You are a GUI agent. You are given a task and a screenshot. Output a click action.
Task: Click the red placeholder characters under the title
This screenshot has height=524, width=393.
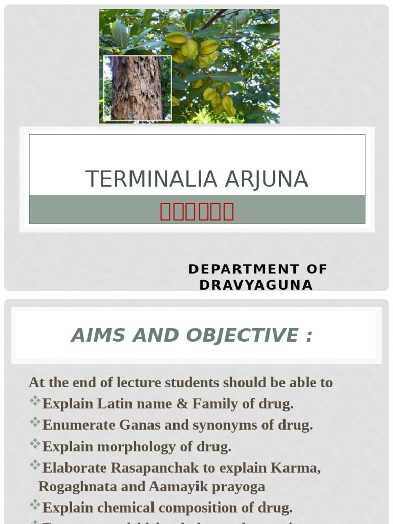click(x=197, y=211)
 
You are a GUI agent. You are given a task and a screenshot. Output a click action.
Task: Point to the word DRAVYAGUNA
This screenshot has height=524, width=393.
click(x=256, y=285)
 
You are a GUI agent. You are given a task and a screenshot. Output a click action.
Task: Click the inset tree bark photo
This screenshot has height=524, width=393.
click(x=137, y=88)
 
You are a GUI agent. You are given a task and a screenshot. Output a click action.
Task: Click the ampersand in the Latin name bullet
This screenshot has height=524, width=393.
click(x=182, y=404)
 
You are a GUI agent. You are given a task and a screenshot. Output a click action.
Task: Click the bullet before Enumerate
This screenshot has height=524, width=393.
click(x=35, y=423)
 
